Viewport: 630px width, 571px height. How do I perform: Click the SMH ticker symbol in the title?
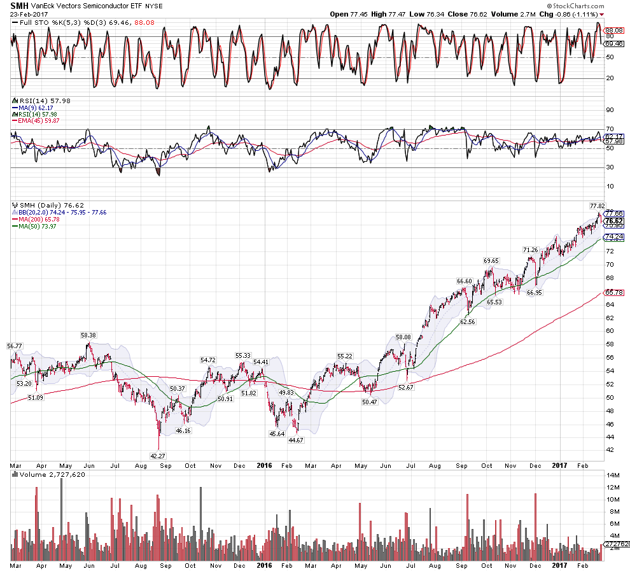point(19,4)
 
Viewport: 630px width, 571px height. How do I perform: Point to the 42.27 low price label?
point(158,455)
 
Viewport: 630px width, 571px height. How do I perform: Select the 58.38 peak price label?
point(88,335)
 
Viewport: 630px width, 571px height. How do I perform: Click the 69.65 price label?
point(490,260)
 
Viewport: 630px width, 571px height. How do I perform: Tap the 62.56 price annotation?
point(467,322)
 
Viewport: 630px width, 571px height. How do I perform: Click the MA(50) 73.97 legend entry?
point(36,225)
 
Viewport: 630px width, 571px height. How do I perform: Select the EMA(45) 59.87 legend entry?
point(37,121)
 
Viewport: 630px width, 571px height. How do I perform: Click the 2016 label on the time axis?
point(264,465)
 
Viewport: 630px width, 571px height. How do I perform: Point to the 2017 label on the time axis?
point(559,465)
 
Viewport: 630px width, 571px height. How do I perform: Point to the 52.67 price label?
point(405,387)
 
